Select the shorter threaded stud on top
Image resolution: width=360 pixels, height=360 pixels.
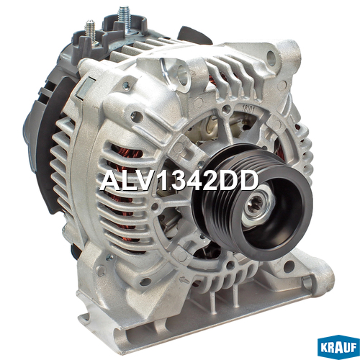coord(91,30)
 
